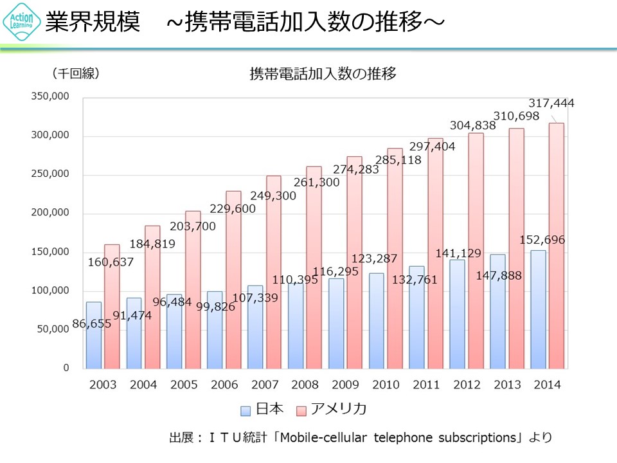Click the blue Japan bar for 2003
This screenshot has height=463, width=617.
click(94, 335)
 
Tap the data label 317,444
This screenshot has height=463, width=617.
click(551, 103)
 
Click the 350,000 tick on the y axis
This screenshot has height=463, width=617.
click(51, 97)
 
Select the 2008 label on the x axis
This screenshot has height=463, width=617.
click(305, 385)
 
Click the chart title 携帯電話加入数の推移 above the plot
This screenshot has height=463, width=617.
click(323, 73)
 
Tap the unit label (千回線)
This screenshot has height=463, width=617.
click(76, 73)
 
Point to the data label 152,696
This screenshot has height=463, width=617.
click(541, 241)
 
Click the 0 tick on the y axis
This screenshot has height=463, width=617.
click(66, 368)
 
